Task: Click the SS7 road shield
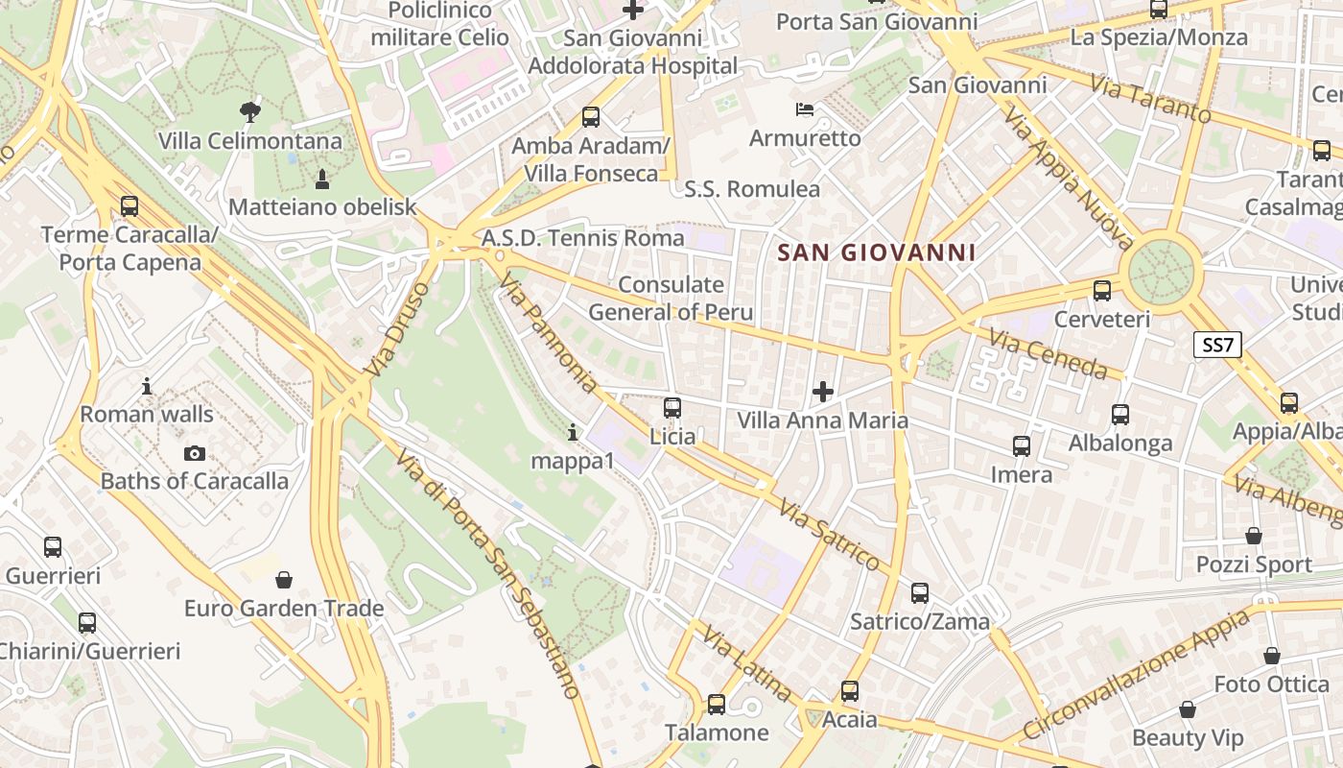tap(1217, 345)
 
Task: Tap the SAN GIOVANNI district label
tap(876, 252)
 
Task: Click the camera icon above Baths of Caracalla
tap(195, 453)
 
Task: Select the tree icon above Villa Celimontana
tap(250, 112)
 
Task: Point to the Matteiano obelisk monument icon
tap(322, 179)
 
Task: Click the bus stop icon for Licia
tap(672, 408)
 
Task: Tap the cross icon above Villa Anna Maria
tap(822, 392)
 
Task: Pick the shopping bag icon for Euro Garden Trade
tap(283, 580)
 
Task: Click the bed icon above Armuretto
tap(805, 109)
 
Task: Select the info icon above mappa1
tap(573, 433)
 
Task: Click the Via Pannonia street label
tap(549, 332)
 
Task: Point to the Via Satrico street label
tap(830, 535)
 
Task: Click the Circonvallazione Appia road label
tap(1138, 674)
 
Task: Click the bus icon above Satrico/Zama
tap(920, 593)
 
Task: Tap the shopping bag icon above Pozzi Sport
tap(1254, 536)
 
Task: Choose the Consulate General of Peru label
tap(671, 298)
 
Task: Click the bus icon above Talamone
tap(717, 705)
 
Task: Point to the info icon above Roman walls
tap(147, 387)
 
